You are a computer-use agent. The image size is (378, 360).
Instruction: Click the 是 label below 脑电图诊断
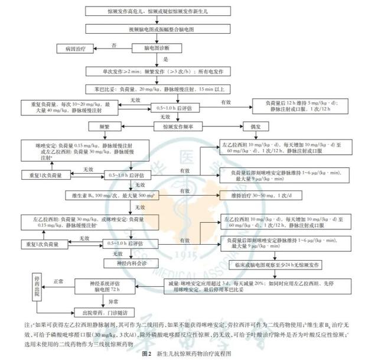(166, 59)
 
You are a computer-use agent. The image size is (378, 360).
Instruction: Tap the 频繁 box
(97, 126)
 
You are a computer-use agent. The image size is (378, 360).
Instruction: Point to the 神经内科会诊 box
(122, 260)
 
